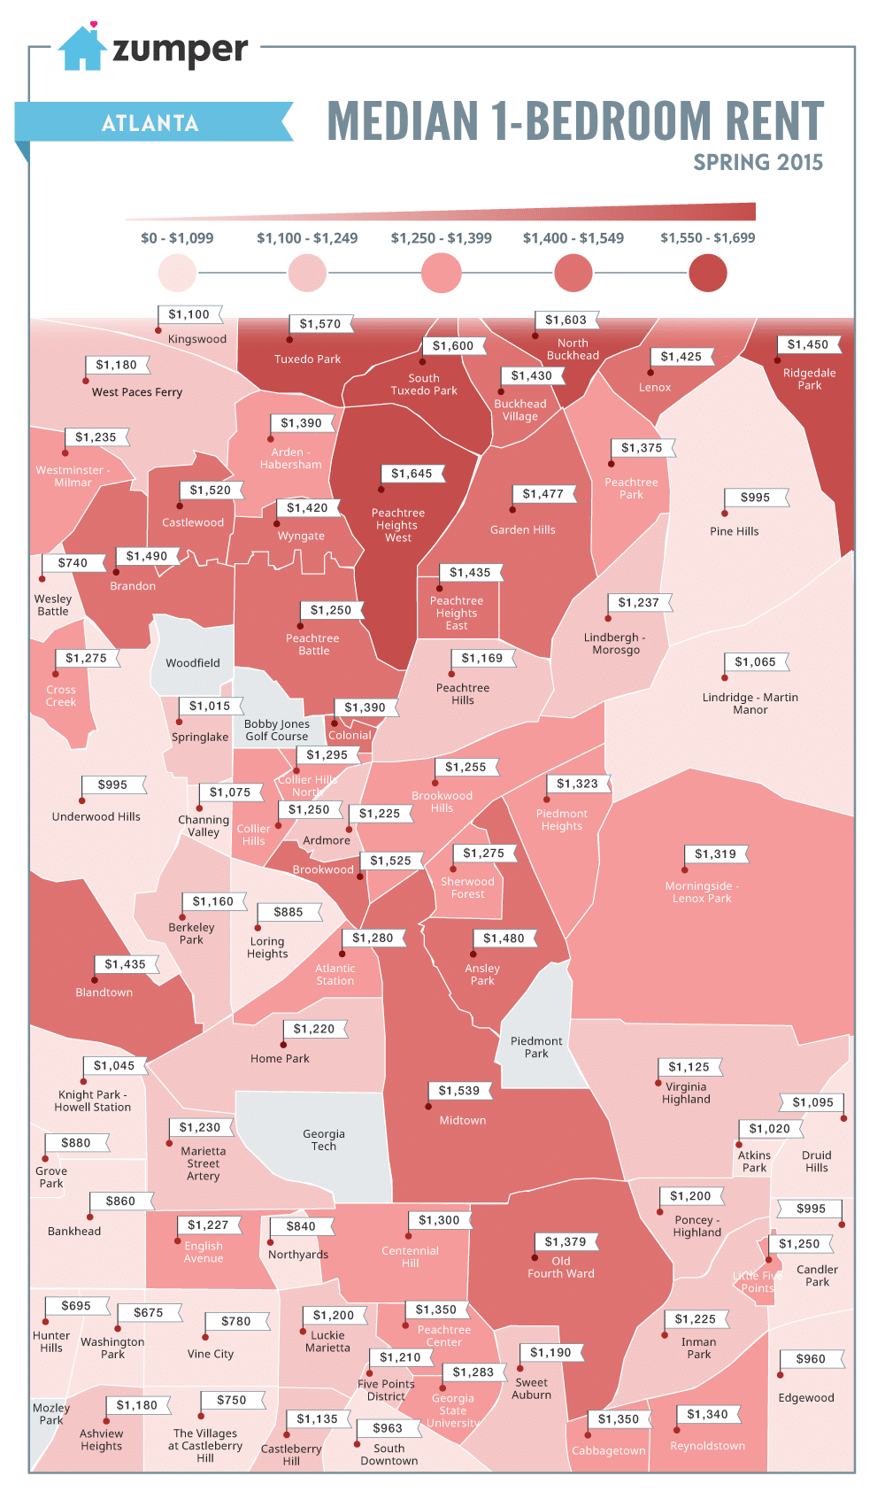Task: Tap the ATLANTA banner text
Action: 150,123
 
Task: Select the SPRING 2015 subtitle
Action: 758,163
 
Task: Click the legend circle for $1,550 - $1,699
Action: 707,273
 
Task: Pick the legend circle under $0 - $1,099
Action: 177,273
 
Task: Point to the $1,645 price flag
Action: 412,474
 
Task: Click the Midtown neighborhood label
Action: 463,1121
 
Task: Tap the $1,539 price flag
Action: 458,1091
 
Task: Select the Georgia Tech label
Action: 324,1140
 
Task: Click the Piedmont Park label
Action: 536,1047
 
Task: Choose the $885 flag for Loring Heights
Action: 289,912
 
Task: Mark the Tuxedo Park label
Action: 307,359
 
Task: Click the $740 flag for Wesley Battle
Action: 73,563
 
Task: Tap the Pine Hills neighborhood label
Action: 734,531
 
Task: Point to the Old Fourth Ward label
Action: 561,1268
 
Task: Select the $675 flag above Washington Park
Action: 149,1313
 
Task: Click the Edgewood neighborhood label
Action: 805,1398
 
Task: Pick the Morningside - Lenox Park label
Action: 702,892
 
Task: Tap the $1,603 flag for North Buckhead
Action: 566,320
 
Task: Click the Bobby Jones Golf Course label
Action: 276,730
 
